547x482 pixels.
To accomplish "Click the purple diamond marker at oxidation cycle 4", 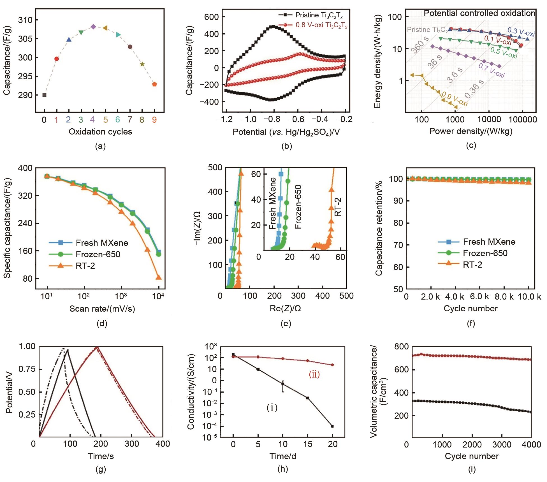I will tap(93, 27).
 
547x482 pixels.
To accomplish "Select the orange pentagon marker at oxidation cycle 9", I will tap(154, 84).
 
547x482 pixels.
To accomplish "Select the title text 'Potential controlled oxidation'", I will tap(479, 13).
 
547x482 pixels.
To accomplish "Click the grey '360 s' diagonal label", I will tap(420, 44).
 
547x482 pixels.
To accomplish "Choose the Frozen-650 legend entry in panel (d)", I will tap(89, 254).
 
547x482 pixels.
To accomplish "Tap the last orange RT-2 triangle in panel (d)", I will tap(159, 277).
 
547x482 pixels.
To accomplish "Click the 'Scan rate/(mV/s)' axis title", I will tap(102, 309).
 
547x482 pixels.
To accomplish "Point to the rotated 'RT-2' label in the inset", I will tap(339, 207).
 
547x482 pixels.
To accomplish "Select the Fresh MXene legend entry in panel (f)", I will tap(477, 242).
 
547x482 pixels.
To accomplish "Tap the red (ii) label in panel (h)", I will tap(314, 374).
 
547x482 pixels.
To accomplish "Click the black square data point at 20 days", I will tap(332, 426).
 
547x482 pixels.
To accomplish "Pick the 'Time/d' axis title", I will tap(283, 456).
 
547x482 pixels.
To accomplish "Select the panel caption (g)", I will tap(101, 469).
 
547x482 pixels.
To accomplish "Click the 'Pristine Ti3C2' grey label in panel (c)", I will tap(427, 30).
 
